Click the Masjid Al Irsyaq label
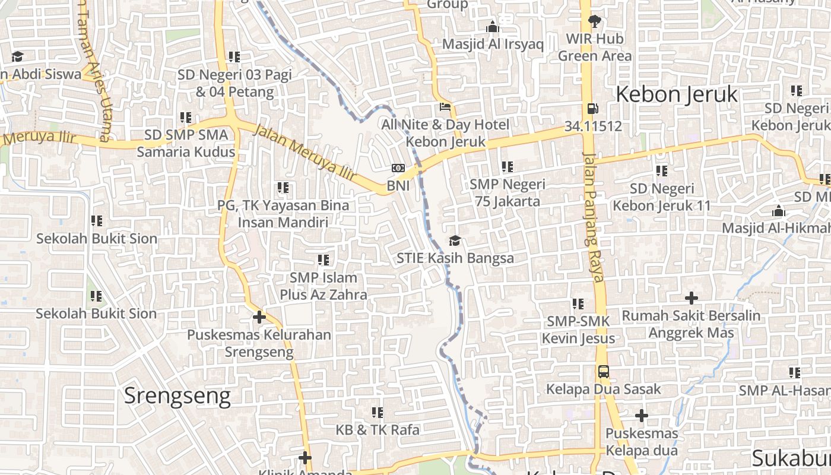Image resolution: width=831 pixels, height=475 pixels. click(x=493, y=44)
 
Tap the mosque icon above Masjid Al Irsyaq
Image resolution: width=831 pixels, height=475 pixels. click(x=492, y=27)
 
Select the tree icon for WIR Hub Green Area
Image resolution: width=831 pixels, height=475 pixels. click(x=594, y=22)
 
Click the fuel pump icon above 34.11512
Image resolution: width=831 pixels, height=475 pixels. click(x=592, y=109)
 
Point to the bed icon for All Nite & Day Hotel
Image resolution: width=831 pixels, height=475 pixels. click(x=445, y=107)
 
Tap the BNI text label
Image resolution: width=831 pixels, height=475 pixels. click(x=398, y=186)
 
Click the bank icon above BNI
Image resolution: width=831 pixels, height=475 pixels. click(x=398, y=169)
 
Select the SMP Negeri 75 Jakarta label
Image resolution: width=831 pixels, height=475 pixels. click(x=507, y=192)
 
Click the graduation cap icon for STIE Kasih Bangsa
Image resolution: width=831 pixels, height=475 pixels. click(x=455, y=240)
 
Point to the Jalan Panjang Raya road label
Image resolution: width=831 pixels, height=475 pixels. click(x=594, y=217)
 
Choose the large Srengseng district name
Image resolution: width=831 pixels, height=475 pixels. click(x=177, y=395)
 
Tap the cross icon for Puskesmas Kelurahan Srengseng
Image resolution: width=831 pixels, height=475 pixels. click(x=259, y=317)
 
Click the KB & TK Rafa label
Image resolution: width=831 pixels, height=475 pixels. click(x=378, y=429)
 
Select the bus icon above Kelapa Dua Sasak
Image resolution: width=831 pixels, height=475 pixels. click(x=603, y=372)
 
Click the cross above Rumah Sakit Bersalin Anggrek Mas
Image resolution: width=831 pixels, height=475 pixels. click(x=691, y=298)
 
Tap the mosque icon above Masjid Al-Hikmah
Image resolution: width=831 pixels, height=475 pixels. click(x=779, y=211)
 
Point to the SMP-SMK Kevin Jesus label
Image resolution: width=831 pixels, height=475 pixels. click(x=578, y=330)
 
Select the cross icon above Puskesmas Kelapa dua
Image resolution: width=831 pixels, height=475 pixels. click(x=641, y=416)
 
